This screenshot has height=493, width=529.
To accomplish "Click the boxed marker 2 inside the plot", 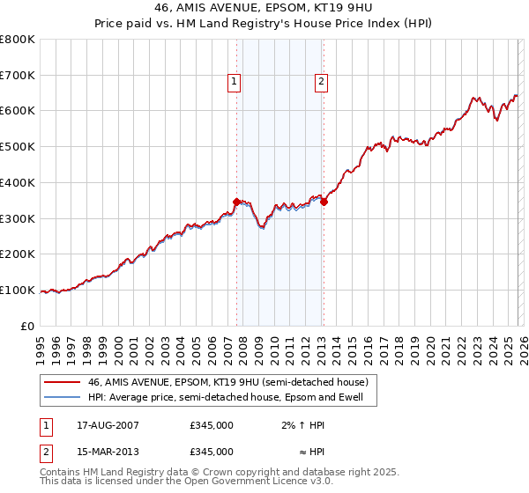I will [x=322, y=82].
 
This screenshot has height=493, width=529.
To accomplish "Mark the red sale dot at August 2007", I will [x=236, y=202].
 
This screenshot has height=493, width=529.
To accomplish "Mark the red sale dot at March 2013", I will [x=324, y=202].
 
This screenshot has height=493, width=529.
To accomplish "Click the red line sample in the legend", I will [x=62, y=382].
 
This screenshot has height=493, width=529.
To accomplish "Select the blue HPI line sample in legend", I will [x=62, y=397].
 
